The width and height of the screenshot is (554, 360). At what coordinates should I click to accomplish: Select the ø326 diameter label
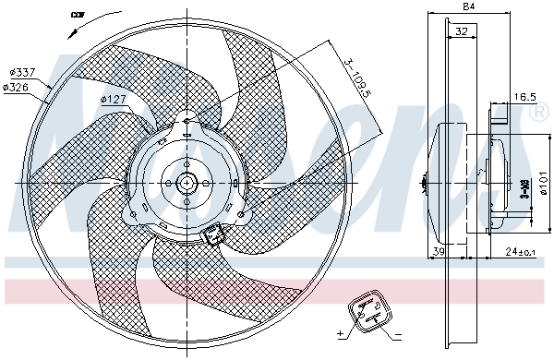click(18, 87)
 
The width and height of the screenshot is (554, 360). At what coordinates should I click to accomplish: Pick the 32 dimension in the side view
click(461, 30)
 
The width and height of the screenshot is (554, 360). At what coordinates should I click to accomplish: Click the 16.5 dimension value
click(524, 96)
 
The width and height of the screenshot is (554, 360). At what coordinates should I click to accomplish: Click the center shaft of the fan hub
click(187, 182)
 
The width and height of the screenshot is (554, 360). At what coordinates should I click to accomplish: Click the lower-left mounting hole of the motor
click(134, 216)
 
